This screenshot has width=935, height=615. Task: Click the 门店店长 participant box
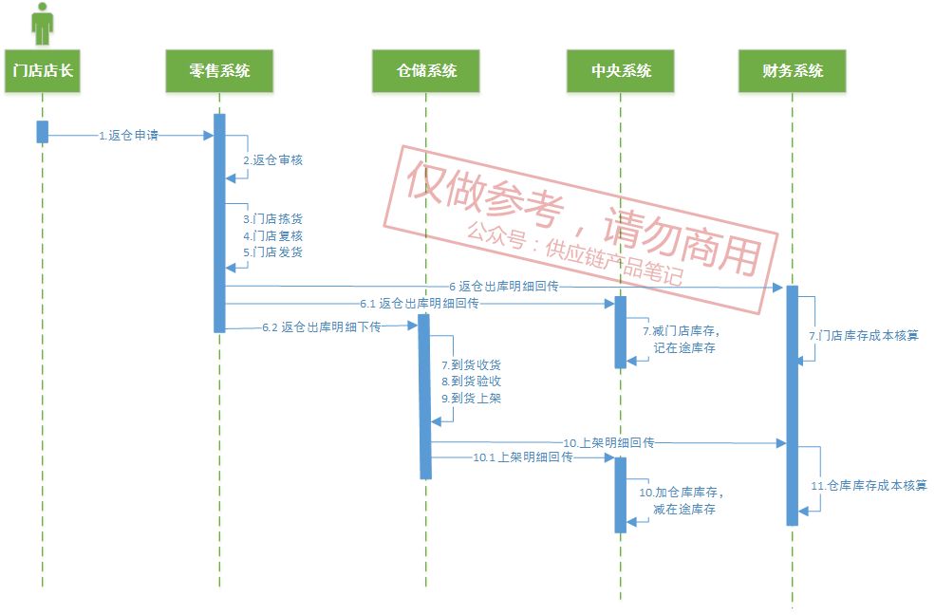[43, 71]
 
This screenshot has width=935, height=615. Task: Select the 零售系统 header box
[219, 71]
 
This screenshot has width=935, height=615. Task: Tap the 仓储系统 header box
[426, 71]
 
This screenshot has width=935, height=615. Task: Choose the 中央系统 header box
[621, 71]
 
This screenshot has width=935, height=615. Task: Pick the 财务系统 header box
[792, 71]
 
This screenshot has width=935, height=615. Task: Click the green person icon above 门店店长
[42, 24]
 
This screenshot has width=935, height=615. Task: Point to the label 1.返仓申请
[128, 136]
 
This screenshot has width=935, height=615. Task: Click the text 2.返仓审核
[272, 160]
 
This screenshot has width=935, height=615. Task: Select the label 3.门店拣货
[272, 219]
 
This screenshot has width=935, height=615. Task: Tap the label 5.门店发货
[272, 252]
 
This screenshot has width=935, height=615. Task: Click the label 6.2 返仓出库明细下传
[321, 327]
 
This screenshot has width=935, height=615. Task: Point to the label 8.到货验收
[471, 382]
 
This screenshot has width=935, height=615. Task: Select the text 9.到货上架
[471, 399]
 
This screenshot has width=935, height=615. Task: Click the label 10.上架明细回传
[608, 443]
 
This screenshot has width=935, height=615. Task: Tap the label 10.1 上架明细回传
[523, 457]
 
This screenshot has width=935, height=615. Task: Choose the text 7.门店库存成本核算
[863, 336]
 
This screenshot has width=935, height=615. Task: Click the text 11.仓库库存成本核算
[869, 486]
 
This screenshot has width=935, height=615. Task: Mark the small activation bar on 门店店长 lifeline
[42, 132]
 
